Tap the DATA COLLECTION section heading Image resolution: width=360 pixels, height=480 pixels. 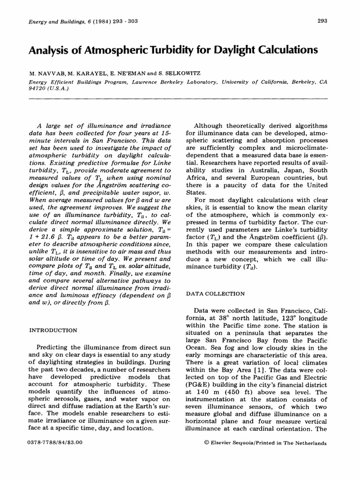(x=216, y=294)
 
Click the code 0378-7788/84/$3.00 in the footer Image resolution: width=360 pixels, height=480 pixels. (x=55, y=442)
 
